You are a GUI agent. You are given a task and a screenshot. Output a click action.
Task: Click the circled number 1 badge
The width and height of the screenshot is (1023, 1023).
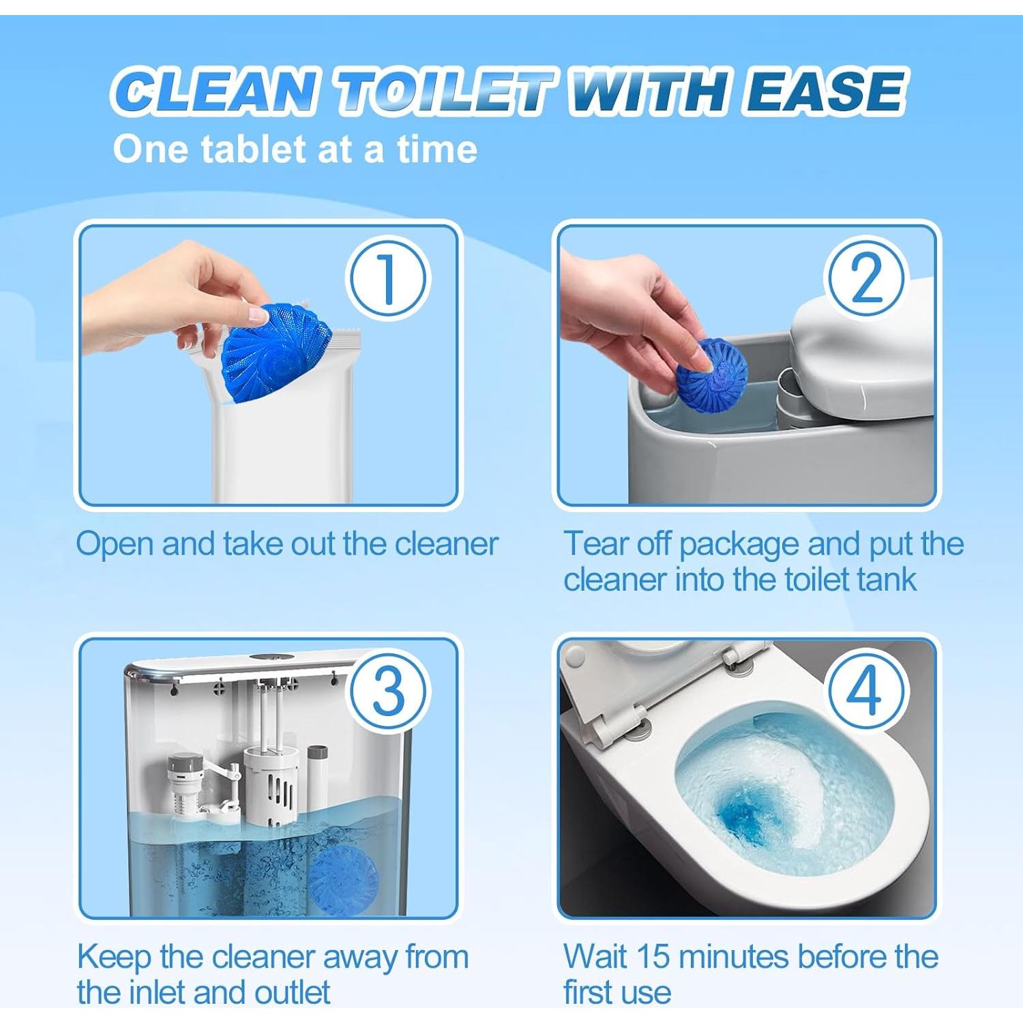coord(387,279)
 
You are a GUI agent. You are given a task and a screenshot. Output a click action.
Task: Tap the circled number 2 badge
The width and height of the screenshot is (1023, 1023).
coord(867,279)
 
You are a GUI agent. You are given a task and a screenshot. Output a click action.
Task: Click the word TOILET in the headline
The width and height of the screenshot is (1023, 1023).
coord(444,91)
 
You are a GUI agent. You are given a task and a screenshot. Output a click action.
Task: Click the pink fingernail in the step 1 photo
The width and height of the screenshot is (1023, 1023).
coord(257,315)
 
